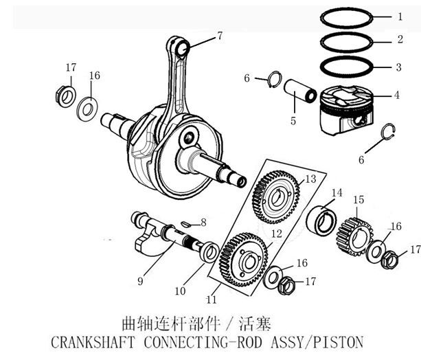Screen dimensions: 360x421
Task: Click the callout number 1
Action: coord(398,16)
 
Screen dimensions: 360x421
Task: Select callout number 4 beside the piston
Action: coord(397,95)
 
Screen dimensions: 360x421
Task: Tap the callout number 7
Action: coord(220,35)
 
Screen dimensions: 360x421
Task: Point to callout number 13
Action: coord(310,179)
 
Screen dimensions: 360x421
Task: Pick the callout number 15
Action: coord(358,200)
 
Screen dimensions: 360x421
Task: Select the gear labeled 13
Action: coord(277,196)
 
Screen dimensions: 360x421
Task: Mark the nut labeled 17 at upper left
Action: coord(63,94)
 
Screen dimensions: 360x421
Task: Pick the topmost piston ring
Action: coord(348,15)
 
